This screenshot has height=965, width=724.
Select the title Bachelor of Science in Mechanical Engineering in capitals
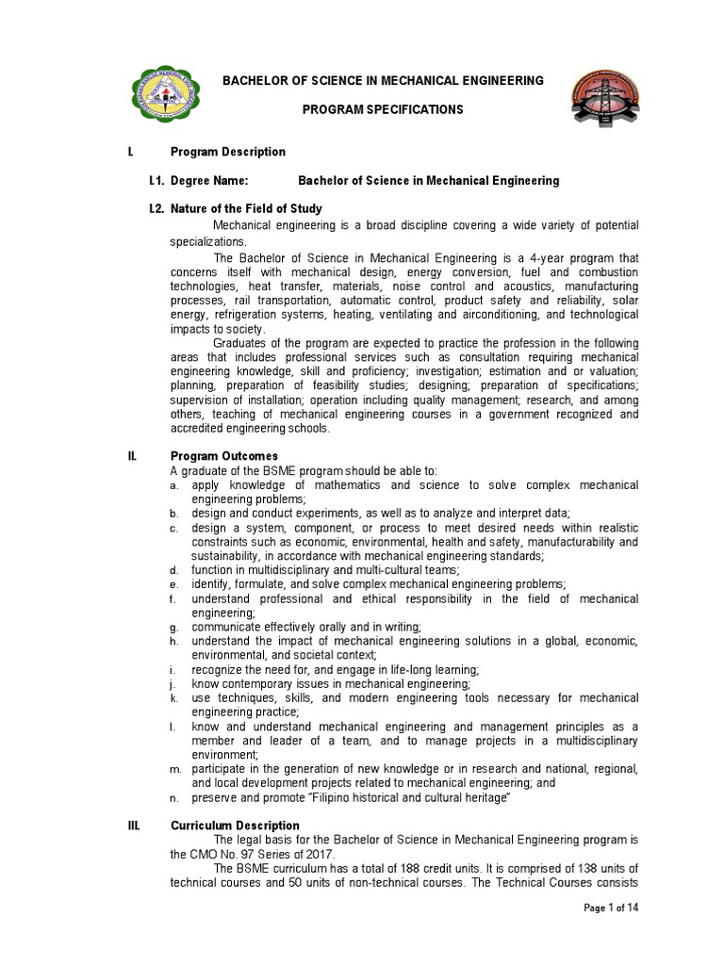coord(382,81)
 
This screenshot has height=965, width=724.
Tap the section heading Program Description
coord(227,152)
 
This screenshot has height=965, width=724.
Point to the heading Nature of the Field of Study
coord(245,208)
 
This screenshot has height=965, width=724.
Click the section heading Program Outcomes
coord(223,456)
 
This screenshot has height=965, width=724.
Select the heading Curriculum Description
coord(235,826)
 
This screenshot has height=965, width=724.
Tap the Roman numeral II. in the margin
coord(133,456)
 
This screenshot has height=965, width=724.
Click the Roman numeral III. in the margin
coord(134,826)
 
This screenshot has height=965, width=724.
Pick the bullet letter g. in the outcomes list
coord(173,627)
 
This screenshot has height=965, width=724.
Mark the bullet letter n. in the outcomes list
coord(173,798)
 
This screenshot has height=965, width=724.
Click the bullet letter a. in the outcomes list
coord(173,485)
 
